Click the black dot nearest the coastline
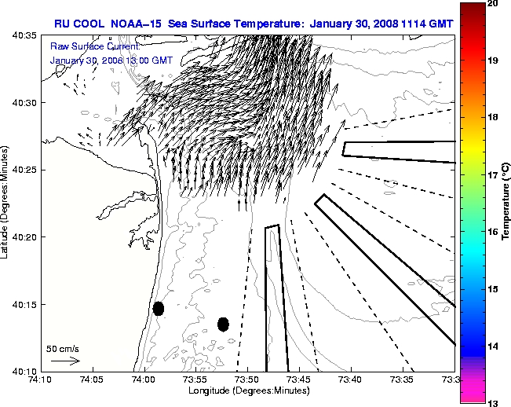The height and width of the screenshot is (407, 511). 159,308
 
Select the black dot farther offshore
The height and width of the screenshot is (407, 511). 223,324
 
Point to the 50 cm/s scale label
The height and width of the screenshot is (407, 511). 63,349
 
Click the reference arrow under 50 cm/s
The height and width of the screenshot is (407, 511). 64,361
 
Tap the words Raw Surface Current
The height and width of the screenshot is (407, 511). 89,47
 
